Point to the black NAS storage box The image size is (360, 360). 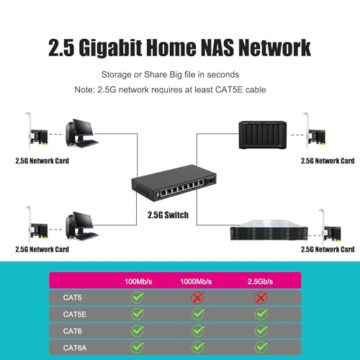(x=263, y=135)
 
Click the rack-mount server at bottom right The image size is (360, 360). (x=267, y=233)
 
